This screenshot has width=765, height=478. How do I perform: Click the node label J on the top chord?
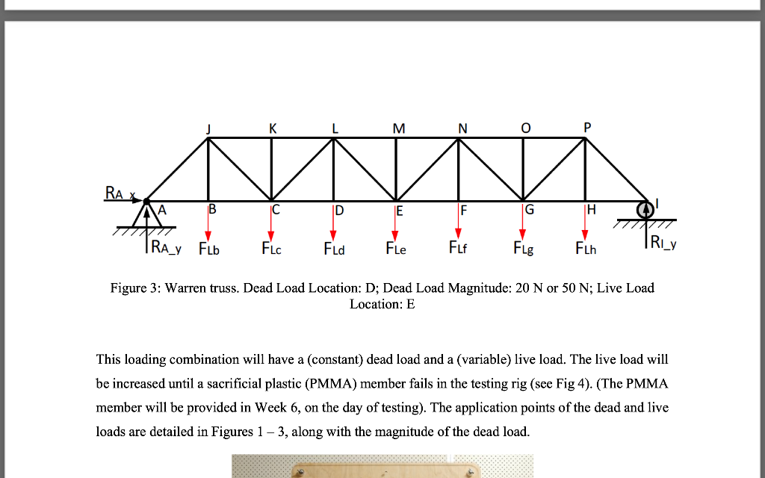(x=208, y=128)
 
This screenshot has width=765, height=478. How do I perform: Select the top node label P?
(x=586, y=128)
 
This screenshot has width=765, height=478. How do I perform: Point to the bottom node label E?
(x=399, y=211)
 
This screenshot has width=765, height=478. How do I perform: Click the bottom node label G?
(x=530, y=210)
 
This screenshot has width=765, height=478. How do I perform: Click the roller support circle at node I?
(x=643, y=210)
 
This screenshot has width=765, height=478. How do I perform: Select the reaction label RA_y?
(x=169, y=246)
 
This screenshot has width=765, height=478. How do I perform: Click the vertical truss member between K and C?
(x=271, y=169)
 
